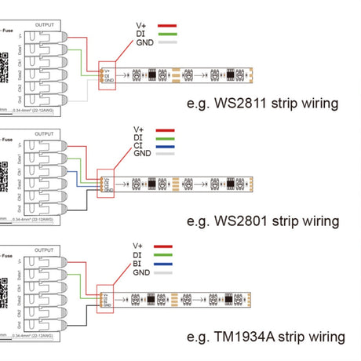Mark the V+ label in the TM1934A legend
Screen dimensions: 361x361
coord(138,246)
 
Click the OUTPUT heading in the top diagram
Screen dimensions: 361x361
coord(46,25)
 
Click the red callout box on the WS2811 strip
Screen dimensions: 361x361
coord(108,74)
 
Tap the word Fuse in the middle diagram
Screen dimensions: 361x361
coord(6,138)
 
